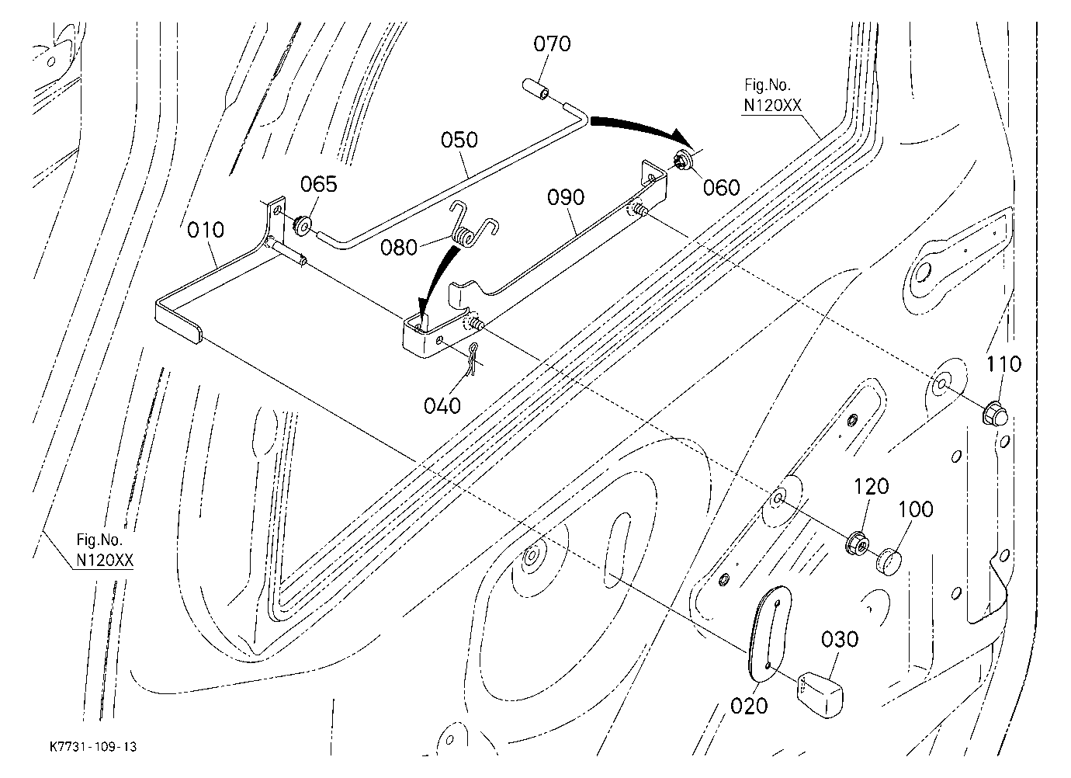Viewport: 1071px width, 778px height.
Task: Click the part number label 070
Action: [553, 44]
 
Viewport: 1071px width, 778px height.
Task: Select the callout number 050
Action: [459, 141]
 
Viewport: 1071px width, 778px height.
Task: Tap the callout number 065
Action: [319, 184]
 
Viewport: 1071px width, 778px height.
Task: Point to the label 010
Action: [206, 230]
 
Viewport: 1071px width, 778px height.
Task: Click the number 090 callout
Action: [566, 198]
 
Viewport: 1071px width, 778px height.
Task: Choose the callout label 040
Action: [442, 406]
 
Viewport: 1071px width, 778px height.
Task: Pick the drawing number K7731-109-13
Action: [93, 747]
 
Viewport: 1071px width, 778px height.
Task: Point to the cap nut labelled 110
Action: [994, 413]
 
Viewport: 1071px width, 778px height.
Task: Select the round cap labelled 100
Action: [889, 561]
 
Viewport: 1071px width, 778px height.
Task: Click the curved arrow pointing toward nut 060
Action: [641, 128]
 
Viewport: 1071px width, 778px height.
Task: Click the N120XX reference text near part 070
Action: [772, 106]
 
